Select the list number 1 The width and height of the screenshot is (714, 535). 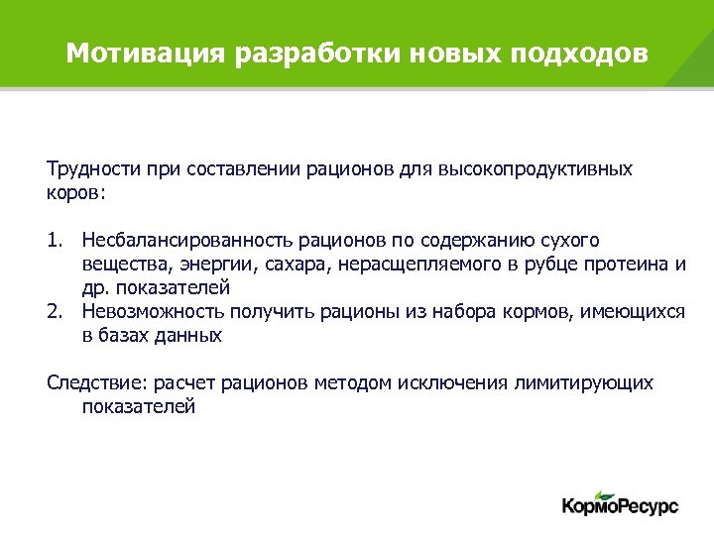54,241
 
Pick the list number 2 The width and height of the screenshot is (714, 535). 54,312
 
